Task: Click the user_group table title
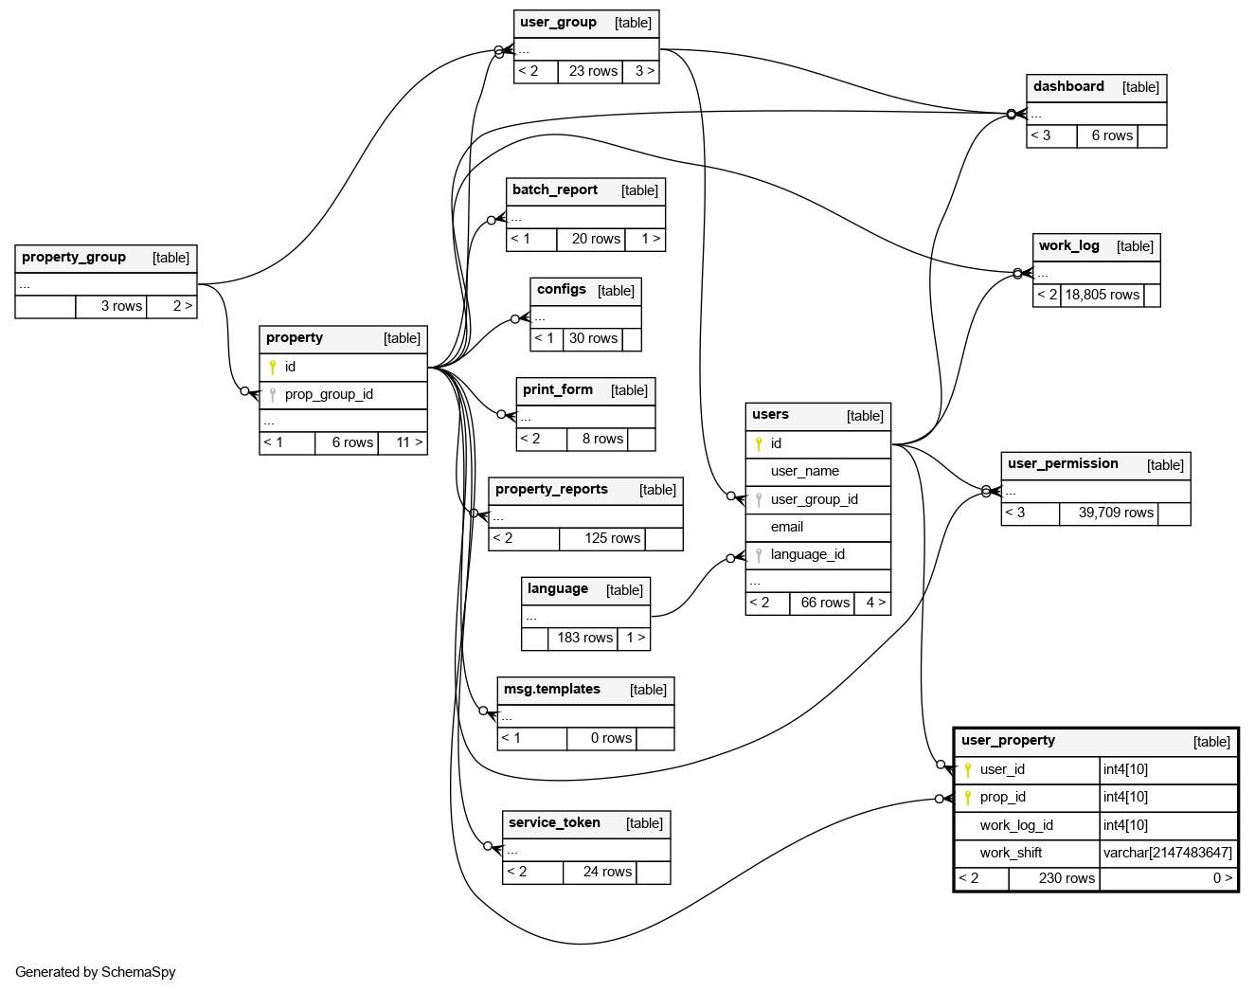(558, 23)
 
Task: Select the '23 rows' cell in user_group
(593, 71)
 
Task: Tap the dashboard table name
(1068, 87)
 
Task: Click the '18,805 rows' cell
(1102, 295)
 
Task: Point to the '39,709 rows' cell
(1116, 513)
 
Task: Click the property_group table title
(74, 258)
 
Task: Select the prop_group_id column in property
(329, 394)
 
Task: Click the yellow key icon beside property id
(273, 367)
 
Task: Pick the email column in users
(787, 527)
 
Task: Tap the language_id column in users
(807, 554)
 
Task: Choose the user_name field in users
(805, 471)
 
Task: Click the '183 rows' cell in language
(584, 638)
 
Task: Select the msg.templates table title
(552, 690)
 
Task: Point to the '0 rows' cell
(611, 738)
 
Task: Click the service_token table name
(554, 823)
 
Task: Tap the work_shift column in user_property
(1011, 853)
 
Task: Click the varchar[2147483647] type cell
(1167, 853)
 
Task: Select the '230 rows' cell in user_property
(1067, 878)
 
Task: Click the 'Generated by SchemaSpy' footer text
(96, 972)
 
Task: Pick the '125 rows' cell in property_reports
(612, 538)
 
